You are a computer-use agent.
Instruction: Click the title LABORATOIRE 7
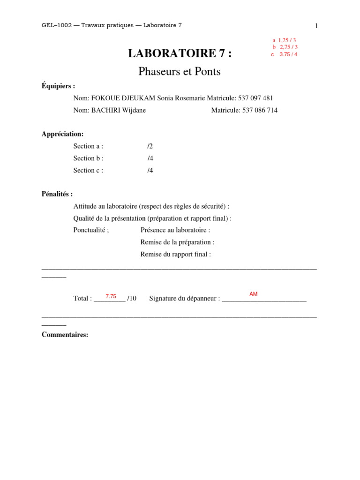point(180,54)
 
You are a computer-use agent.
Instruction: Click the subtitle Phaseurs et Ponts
point(180,72)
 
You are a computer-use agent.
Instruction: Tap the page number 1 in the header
point(316,26)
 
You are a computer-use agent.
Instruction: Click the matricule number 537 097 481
point(255,98)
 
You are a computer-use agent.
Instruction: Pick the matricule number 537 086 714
point(260,110)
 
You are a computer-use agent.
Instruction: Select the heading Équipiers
point(58,86)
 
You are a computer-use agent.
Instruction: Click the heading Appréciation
point(62,134)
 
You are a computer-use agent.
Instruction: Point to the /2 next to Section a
point(150,146)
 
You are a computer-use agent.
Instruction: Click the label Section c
point(88,170)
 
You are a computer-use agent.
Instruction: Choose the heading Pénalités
point(57,194)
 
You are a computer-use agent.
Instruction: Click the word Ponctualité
point(91,230)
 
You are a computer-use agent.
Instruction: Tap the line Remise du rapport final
point(176,255)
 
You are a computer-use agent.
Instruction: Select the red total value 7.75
point(111,296)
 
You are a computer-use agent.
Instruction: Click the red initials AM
point(253,294)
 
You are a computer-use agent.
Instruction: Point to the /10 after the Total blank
point(132,298)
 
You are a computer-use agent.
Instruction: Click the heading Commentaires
point(65,335)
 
